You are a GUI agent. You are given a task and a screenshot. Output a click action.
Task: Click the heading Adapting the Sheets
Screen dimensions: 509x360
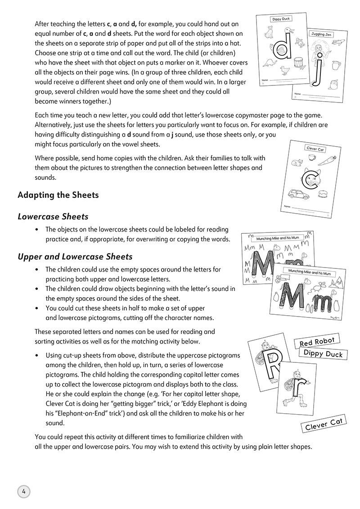(58, 195)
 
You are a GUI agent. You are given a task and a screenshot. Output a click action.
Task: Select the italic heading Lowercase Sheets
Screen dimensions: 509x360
(53, 216)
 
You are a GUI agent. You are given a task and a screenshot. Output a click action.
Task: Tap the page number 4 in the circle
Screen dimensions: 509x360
(23, 491)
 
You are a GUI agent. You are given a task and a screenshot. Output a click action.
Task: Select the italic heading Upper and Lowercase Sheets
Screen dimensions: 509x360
(75, 256)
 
